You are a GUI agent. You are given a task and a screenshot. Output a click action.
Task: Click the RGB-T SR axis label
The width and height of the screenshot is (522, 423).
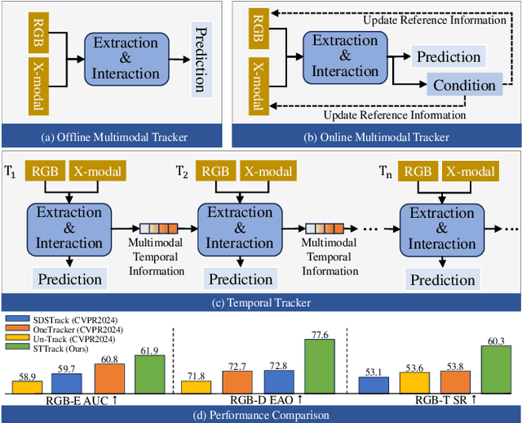[x=434, y=399]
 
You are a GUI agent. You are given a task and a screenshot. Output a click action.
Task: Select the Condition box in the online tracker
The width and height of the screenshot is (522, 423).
[x=463, y=86]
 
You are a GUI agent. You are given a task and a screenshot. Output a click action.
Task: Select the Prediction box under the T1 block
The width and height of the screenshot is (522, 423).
[x=68, y=278]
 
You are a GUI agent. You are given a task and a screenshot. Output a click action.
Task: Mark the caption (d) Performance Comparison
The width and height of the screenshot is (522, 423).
[x=261, y=414]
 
